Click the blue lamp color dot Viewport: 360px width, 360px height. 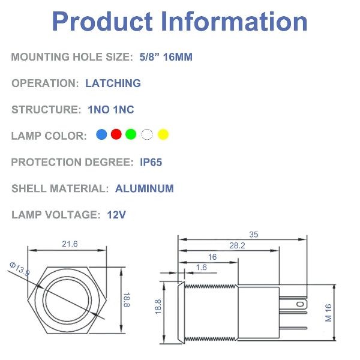point(101,134)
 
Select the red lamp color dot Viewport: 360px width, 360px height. point(116,134)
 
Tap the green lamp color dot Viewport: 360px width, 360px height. point(131,134)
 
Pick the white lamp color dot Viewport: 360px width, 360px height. point(147,134)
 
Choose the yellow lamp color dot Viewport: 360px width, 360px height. point(163,134)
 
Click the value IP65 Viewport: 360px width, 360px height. point(151,163)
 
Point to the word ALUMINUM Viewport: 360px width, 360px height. point(145,188)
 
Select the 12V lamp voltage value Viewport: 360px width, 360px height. point(116,215)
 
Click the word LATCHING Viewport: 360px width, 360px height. point(113,83)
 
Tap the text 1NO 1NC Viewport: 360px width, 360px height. point(111,110)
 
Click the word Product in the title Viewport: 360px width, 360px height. point(103,21)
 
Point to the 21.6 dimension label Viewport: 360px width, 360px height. point(70,244)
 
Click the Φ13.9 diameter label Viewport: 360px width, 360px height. point(20,269)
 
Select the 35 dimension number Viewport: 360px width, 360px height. point(254,235)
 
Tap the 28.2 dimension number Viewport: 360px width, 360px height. point(237,245)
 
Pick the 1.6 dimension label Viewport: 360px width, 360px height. point(202,267)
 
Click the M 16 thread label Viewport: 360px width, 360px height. point(329,313)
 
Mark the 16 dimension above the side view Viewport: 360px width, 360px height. point(212,257)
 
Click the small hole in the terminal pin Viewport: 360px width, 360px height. point(300,304)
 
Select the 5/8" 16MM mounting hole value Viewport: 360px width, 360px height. point(166,57)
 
